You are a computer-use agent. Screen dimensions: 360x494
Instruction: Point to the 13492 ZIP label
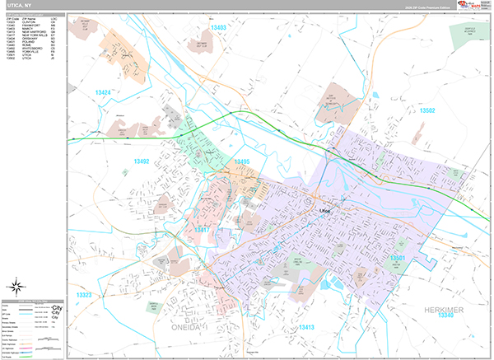point(141,161)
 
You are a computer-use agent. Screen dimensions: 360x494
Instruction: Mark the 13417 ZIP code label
point(200,231)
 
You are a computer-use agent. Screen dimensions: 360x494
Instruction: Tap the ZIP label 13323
point(83,294)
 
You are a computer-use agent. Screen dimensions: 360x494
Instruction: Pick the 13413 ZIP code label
point(305,327)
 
